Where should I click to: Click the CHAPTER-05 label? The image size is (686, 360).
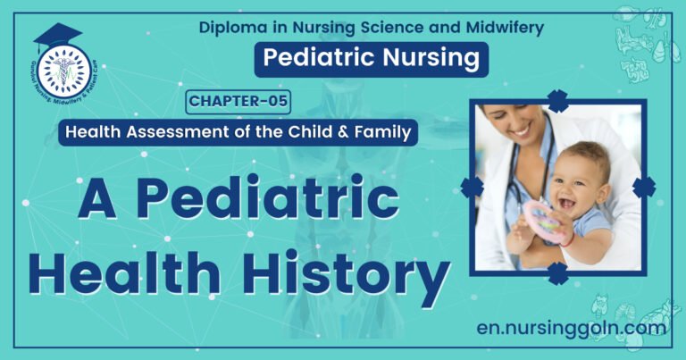[x=238, y=101]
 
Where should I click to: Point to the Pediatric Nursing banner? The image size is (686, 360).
[x=371, y=59]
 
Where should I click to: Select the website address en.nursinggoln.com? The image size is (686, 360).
[x=572, y=328]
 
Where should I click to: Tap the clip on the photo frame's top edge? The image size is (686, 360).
[x=558, y=100]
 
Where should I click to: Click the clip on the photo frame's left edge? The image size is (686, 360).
[x=472, y=187]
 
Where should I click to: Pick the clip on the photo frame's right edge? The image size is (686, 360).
[x=644, y=187]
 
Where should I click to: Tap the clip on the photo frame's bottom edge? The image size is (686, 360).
[x=558, y=272]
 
